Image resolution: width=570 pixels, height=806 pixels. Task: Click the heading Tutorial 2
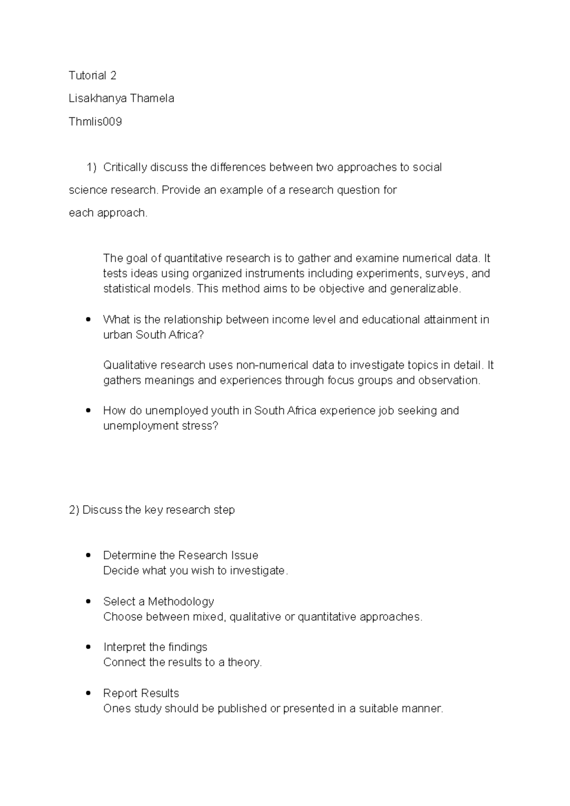93,76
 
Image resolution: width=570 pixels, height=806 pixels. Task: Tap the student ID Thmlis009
95,122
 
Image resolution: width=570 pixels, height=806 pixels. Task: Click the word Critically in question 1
125,167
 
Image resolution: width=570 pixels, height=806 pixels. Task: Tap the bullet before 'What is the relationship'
88,320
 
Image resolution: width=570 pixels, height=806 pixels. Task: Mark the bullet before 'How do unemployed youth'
88,411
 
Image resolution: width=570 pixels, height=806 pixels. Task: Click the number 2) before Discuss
74,510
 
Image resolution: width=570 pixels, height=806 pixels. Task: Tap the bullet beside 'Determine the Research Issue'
88,556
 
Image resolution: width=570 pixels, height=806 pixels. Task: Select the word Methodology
181,602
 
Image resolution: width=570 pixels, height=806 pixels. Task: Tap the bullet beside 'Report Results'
88,693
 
